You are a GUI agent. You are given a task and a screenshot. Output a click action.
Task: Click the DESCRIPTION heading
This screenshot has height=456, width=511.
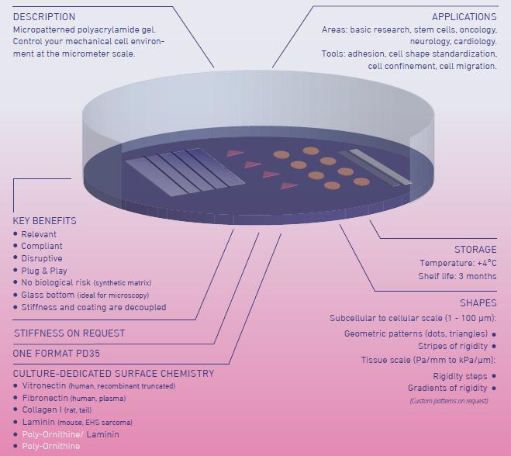point(44,16)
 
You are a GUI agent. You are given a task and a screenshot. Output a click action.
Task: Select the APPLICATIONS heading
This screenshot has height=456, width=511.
point(464,16)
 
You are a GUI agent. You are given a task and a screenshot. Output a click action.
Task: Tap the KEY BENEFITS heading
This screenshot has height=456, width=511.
point(45,220)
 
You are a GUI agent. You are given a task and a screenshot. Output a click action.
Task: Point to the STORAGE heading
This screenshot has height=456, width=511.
point(475,249)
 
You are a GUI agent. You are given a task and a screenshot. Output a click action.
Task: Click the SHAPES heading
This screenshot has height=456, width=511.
point(478,302)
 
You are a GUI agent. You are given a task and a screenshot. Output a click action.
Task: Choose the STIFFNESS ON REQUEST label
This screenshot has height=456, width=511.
point(69,333)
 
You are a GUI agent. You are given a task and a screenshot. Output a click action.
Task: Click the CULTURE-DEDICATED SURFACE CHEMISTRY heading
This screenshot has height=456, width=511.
point(113,373)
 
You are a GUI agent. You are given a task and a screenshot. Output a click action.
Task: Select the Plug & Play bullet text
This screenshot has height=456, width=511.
point(44,271)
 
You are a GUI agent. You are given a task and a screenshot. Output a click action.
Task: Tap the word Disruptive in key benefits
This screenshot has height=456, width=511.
point(42,258)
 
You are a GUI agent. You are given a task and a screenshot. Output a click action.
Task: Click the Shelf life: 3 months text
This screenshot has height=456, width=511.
point(457,276)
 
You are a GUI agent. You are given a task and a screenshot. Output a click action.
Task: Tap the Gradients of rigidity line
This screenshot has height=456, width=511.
point(447,388)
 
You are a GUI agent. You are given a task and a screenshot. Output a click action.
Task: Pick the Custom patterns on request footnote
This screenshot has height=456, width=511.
point(449,401)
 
